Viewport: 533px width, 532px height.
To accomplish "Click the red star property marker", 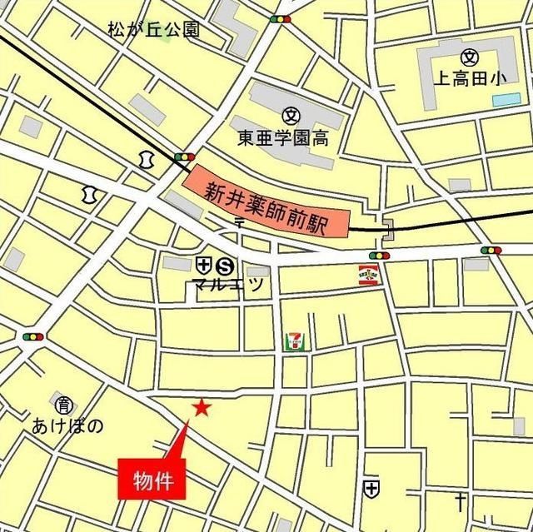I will click(201, 407).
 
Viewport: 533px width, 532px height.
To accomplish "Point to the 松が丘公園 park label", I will click(153, 31).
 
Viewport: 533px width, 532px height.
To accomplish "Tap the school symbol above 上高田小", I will click(469, 57).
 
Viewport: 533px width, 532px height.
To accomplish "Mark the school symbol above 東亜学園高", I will click(291, 116).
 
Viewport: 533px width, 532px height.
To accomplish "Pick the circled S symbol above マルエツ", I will click(224, 266).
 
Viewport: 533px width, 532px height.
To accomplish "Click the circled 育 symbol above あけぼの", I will click(63, 405).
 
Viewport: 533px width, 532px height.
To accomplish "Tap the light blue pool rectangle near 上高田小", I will click(506, 100).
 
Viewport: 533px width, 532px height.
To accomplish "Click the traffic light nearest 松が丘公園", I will click(280, 19).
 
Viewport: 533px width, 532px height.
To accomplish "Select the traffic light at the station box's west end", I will click(184, 156).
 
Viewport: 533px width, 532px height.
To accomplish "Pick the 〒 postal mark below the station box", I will click(239, 223).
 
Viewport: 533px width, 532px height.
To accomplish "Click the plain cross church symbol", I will click(459, 501).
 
